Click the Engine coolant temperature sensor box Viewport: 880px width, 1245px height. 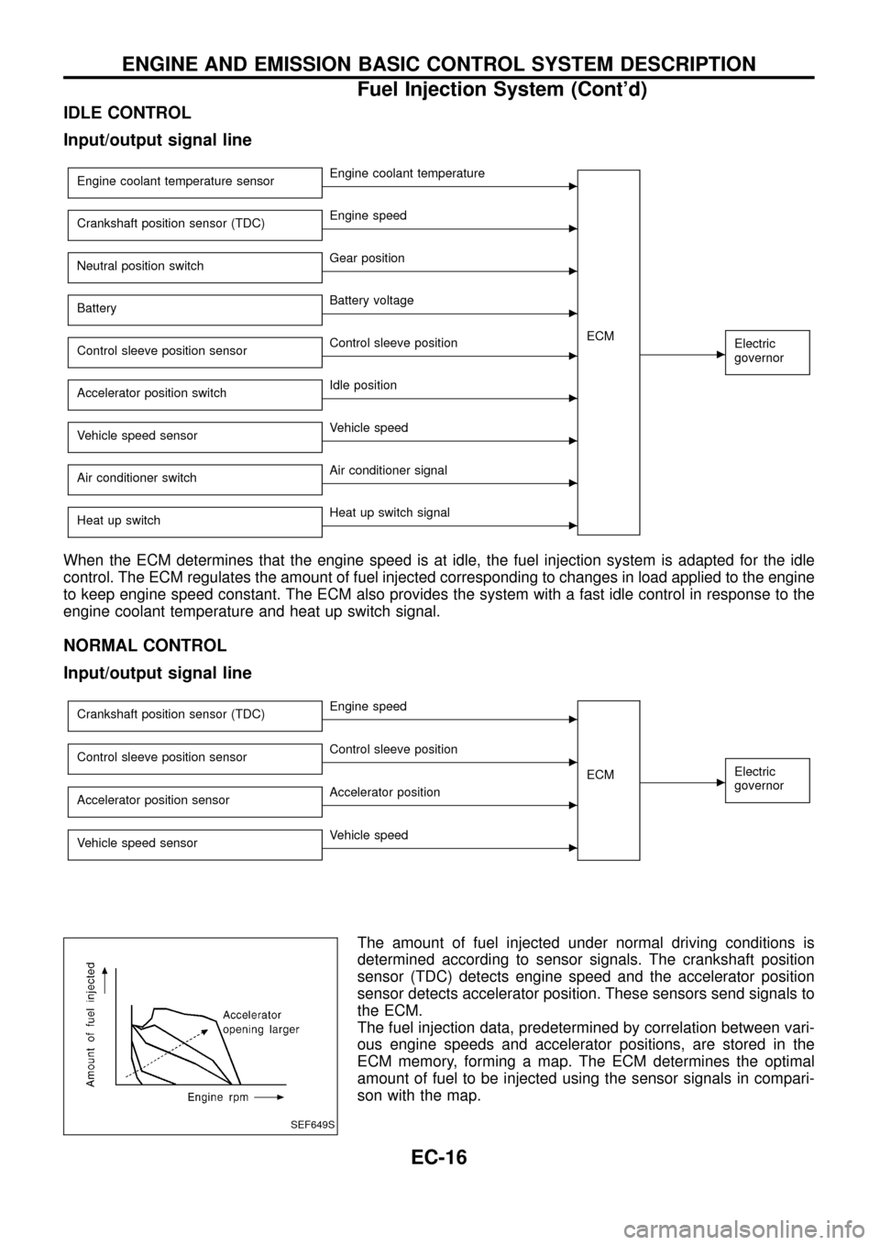(194, 182)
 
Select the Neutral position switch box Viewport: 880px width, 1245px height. (194, 266)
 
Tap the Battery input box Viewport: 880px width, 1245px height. (194, 308)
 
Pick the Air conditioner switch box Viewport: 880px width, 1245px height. (194, 478)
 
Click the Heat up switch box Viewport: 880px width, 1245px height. (194, 520)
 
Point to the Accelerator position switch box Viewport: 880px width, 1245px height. (194, 393)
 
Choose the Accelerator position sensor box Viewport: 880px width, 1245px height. (194, 800)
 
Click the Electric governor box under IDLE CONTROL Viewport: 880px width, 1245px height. (767, 351)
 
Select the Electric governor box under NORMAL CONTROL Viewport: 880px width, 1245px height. (767, 779)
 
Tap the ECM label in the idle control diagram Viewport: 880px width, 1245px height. (600, 336)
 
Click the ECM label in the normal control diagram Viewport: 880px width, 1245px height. (600, 775)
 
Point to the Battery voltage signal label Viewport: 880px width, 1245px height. (371, 301)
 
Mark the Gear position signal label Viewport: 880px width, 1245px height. (367, 259)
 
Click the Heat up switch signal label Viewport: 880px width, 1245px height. (390, 512)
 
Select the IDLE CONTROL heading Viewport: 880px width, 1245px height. (127, 113)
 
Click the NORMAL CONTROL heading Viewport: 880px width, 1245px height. (145, 645)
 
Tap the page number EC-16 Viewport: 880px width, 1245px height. (438, 1158)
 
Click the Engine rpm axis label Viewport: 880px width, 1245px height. (217, 1096)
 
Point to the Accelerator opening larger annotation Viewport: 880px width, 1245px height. (260, 1022)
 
